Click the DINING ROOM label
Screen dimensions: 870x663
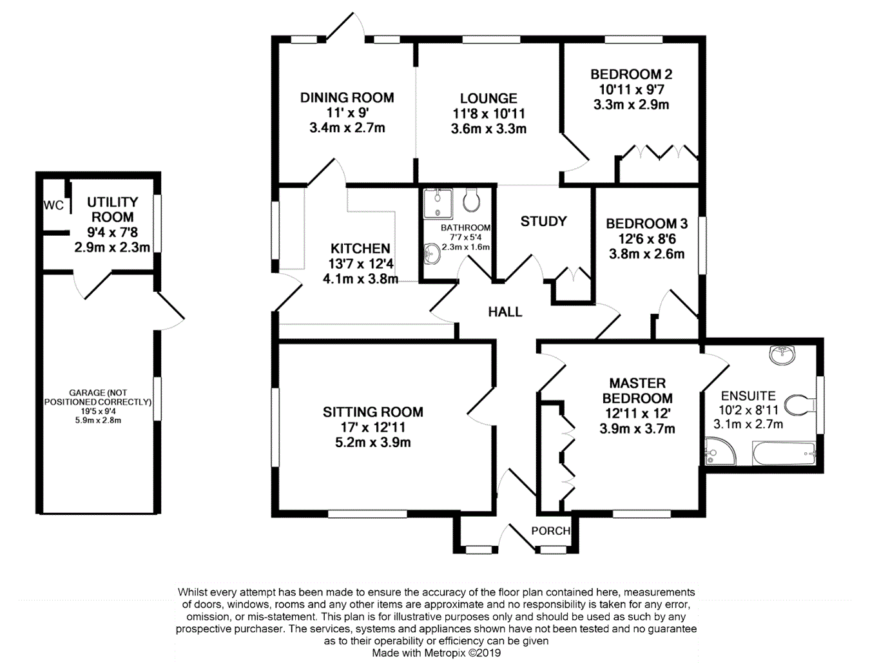(347, 98)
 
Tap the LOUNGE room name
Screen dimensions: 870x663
(488, 99)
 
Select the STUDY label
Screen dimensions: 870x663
(543, 222)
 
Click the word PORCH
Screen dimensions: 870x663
(550, 531)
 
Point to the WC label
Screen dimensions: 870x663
(54, 206)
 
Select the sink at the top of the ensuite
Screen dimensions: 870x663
(783, 354)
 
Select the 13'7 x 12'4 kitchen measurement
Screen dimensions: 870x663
(360, 264)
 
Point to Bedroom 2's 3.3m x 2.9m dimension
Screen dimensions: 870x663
(631, 105)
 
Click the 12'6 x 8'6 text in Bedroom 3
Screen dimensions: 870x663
(646, 239)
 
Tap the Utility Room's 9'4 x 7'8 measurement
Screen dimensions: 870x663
(112, 233)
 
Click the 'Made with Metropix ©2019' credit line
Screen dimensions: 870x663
(436, 653)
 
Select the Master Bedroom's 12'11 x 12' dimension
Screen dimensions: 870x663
(637, 414)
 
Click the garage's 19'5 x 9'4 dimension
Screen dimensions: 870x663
(98, 411)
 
